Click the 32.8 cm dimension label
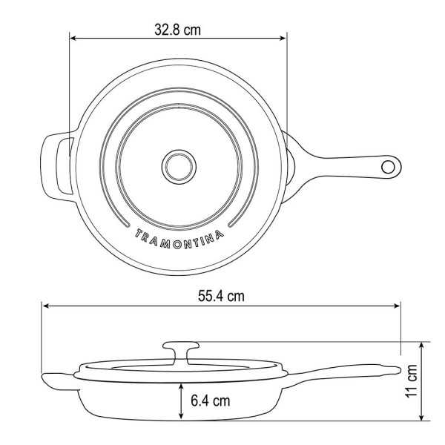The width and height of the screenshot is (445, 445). pyautogui.click(x=177, y=30)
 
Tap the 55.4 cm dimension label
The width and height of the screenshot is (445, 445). pyautogui.click(x=221, y=296)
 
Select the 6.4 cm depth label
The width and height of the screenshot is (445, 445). pyautogui.click(x=211, y=400)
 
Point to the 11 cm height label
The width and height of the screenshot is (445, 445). pyautogui.click(x=411, y=381)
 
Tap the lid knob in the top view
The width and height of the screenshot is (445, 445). pyautogui.click(x=179, y=167)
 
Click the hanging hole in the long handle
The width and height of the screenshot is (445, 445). pyautogui.click(x=388, y=167)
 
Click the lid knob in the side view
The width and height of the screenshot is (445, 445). pyautogui.click(x=181, y=352)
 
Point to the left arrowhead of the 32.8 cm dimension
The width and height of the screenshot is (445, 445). pyautogui.click(x=73, y=38)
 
